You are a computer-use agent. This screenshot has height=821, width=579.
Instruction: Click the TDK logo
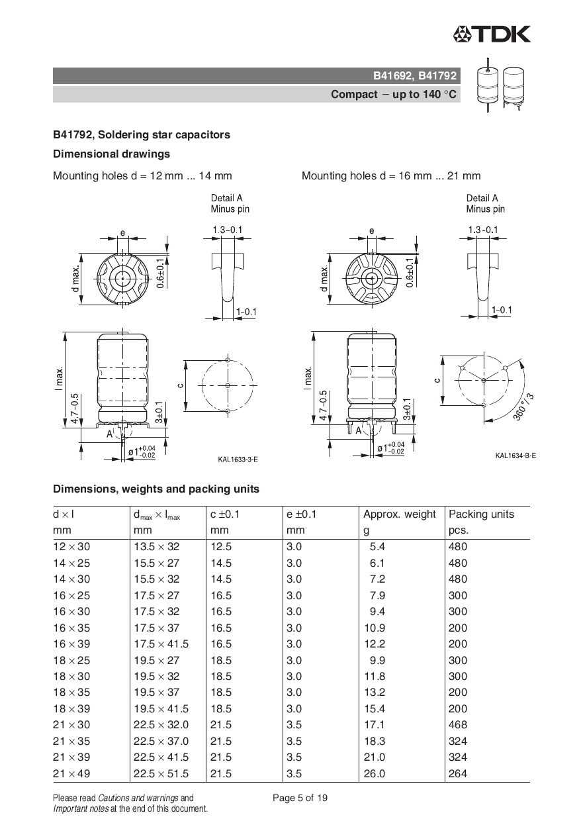pyautogui.click(x=492, y=34)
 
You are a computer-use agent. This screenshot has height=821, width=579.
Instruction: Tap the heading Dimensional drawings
pyautogui.click(x=111, y=154)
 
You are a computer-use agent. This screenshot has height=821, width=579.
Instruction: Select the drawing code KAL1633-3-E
pyautogui.click(x=238, y=458)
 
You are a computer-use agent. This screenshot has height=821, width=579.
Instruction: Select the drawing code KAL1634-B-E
pyautogui.click(x=515, y=456)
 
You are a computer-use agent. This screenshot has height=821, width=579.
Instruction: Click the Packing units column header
pyautogui.click(x=481, y=514)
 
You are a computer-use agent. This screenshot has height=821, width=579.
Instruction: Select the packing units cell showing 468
pyautogui.click(x=457, y=725)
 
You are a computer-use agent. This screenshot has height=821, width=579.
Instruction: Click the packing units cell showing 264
pyautogui.click(x=457, y=774)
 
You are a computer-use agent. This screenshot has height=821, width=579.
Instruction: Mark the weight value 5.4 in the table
pyautogui.click(x=377, y=547)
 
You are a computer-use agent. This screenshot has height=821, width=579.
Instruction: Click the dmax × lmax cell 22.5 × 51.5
pyautogui.click(x=161, y=774)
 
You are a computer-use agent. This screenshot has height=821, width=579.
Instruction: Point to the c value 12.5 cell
pyautogui.click(x=221, y=547)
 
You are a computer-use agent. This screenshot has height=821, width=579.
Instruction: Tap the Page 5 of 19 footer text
pyautogui.click(x=300, y=798)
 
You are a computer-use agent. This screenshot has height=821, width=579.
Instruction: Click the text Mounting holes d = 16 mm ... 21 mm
pyautogui.click(x=391, y=176)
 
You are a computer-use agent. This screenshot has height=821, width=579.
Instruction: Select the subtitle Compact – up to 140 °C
pyautogui.click(x=394, y=94)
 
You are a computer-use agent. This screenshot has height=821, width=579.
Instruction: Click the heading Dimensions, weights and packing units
pyautogui.click(x=156, y=489)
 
